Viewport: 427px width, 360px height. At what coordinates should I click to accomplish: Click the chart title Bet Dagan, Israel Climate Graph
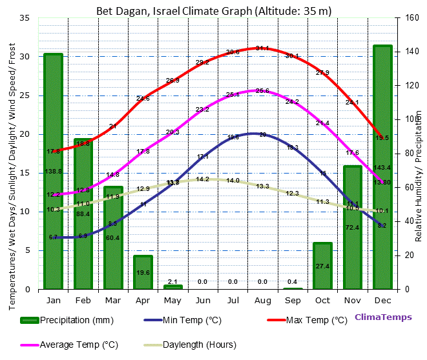[214, 11]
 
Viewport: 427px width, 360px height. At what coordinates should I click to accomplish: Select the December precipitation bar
[382, 168]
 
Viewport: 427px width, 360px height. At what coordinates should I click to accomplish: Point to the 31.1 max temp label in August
[262, 48]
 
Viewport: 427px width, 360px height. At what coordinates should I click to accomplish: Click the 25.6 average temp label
[262, 91]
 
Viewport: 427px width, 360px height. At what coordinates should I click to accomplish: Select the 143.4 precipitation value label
[382, 168]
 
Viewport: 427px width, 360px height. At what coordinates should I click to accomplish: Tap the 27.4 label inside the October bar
[322, 266]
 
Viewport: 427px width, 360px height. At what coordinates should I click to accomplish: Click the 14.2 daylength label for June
[202, 179]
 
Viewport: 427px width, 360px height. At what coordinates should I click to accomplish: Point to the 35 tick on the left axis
[25, 18]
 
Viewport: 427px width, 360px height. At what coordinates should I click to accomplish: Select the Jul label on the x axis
[233, 301]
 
